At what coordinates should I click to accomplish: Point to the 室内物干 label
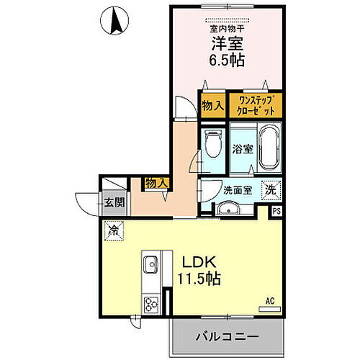(227, 28)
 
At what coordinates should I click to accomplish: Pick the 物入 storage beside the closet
(212, 105)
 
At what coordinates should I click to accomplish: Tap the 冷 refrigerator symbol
(114, 230)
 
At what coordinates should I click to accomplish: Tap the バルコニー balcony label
(227, 336)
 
